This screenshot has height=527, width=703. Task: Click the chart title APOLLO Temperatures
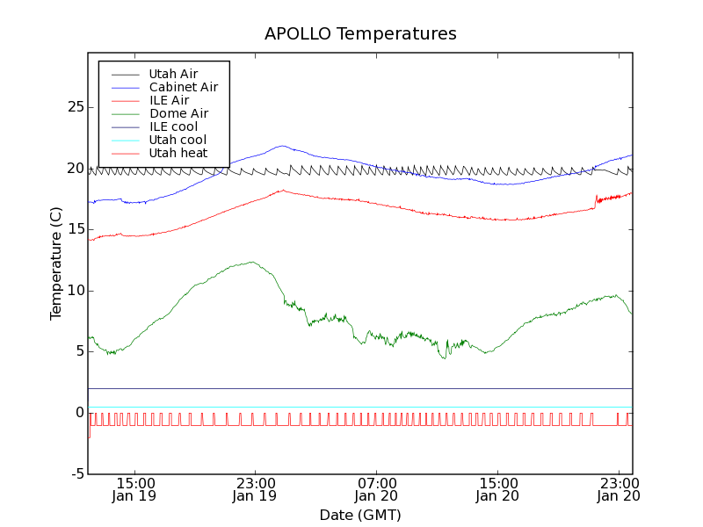[x=360, y=34]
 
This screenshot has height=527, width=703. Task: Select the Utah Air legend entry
[x=173, y=74]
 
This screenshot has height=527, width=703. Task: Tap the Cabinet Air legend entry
[x=183, y=87]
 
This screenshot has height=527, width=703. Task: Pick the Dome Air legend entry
[x=178, y=113]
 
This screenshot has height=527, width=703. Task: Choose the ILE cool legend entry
[x=173, y=126]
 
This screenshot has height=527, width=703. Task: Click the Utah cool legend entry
[x=178, y=140]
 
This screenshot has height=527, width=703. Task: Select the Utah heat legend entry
[x=178, y=153]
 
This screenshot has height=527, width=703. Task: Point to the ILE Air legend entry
[x=168, y=100]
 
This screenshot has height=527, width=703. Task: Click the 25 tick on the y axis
[x=75, y=107]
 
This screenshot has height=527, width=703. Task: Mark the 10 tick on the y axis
[x=75, y=291]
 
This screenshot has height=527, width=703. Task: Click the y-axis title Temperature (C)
[x=56, y=263]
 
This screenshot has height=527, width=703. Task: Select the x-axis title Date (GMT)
[x=360, y=515]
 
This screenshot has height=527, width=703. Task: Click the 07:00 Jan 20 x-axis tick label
[x=377, y=489]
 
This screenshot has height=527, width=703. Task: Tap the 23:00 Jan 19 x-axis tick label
[x=256, y=489]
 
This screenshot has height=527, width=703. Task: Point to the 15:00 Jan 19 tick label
[x=134, y=489]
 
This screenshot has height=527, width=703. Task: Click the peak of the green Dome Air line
[x=252, y=262]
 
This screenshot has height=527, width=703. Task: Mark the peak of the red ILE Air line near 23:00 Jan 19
[x=282, y=190]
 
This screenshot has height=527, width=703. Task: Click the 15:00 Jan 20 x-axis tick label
[x=498, y=489]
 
